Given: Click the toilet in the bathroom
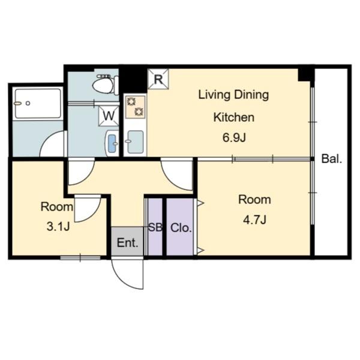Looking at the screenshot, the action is click(106, 85).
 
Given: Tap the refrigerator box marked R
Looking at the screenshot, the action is click(158, 79).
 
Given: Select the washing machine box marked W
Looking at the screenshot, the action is click(109, 116).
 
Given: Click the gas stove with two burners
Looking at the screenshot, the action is click(135, 107).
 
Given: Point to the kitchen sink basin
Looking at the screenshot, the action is click(135, 142).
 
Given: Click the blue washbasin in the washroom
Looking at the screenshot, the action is click(112, 143).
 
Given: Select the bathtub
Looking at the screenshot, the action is click(38, 104).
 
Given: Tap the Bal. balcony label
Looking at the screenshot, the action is click(332, 158).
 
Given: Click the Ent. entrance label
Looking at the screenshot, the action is click(127, 242).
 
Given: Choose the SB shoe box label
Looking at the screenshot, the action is click(155, 227).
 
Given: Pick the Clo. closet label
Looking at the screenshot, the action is click(181, 228).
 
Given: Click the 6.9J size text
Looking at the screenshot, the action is click(234, 138).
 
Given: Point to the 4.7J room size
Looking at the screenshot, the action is click(254, 220).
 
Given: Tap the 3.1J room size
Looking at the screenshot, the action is click(58, 227).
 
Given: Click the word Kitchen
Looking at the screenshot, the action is click(234, 118).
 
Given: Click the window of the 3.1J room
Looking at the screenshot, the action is click(80, 257).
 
